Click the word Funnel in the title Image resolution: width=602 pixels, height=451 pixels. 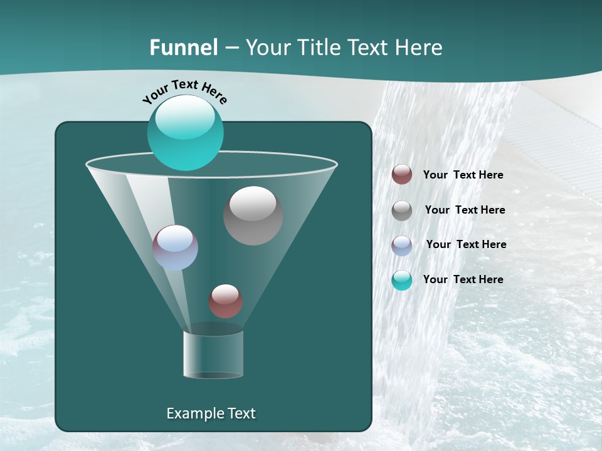183,48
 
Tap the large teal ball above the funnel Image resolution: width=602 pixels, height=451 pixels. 185,135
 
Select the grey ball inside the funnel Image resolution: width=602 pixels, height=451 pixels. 253,216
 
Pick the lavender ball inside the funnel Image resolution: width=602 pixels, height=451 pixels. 175,248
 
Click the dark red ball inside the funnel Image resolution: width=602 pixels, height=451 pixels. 225,301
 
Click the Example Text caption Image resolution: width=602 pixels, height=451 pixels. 211,413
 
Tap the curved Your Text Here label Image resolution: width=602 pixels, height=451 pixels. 184,91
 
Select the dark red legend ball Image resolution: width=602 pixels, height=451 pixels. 402,175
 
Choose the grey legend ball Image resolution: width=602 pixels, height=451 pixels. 402,210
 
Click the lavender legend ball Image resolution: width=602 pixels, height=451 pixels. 402,245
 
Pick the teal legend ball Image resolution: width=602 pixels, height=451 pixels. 402,280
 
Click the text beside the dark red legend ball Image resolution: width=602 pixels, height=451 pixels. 463,175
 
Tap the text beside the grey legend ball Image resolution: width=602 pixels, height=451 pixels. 465,210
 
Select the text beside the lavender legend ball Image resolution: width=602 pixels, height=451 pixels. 466,245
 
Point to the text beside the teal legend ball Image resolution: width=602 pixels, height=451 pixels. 463,280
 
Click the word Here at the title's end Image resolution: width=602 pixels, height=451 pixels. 420,48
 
